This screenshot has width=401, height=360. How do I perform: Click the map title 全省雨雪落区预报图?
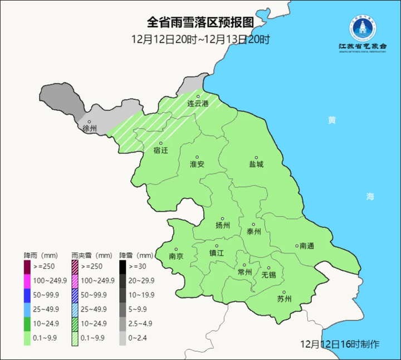click(x=200, y=23)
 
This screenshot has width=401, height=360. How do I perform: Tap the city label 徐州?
click(x=90, y=129)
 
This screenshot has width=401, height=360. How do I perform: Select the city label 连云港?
click(x=197, y=104)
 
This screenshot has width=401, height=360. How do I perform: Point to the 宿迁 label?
click(x=160, y=150)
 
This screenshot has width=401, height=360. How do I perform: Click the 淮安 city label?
click(x=197, y=164)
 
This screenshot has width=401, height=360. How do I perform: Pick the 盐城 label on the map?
click(x=256, y=164)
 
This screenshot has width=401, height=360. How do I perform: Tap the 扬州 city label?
click(x=222, y=225)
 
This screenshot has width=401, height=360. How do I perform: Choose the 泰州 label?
click(x=253, y=232)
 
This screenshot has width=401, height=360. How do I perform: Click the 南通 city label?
click(x=306, y=246)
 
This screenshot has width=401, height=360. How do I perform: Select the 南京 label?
click(x=176, y=256)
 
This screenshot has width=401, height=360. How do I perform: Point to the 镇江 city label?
click(x=217, y=252)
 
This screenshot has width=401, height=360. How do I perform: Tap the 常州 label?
click(x=244, y=271)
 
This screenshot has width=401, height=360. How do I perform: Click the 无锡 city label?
click(x=268, y=275)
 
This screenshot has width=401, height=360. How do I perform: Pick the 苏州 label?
click(x=284, y=299)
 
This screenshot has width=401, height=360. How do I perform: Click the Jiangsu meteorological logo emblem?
click(x=363, y=28)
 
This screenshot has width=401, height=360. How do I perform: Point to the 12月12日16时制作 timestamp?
click(x=340, y=344)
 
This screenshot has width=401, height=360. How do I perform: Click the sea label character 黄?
click(x=332, y=120)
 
